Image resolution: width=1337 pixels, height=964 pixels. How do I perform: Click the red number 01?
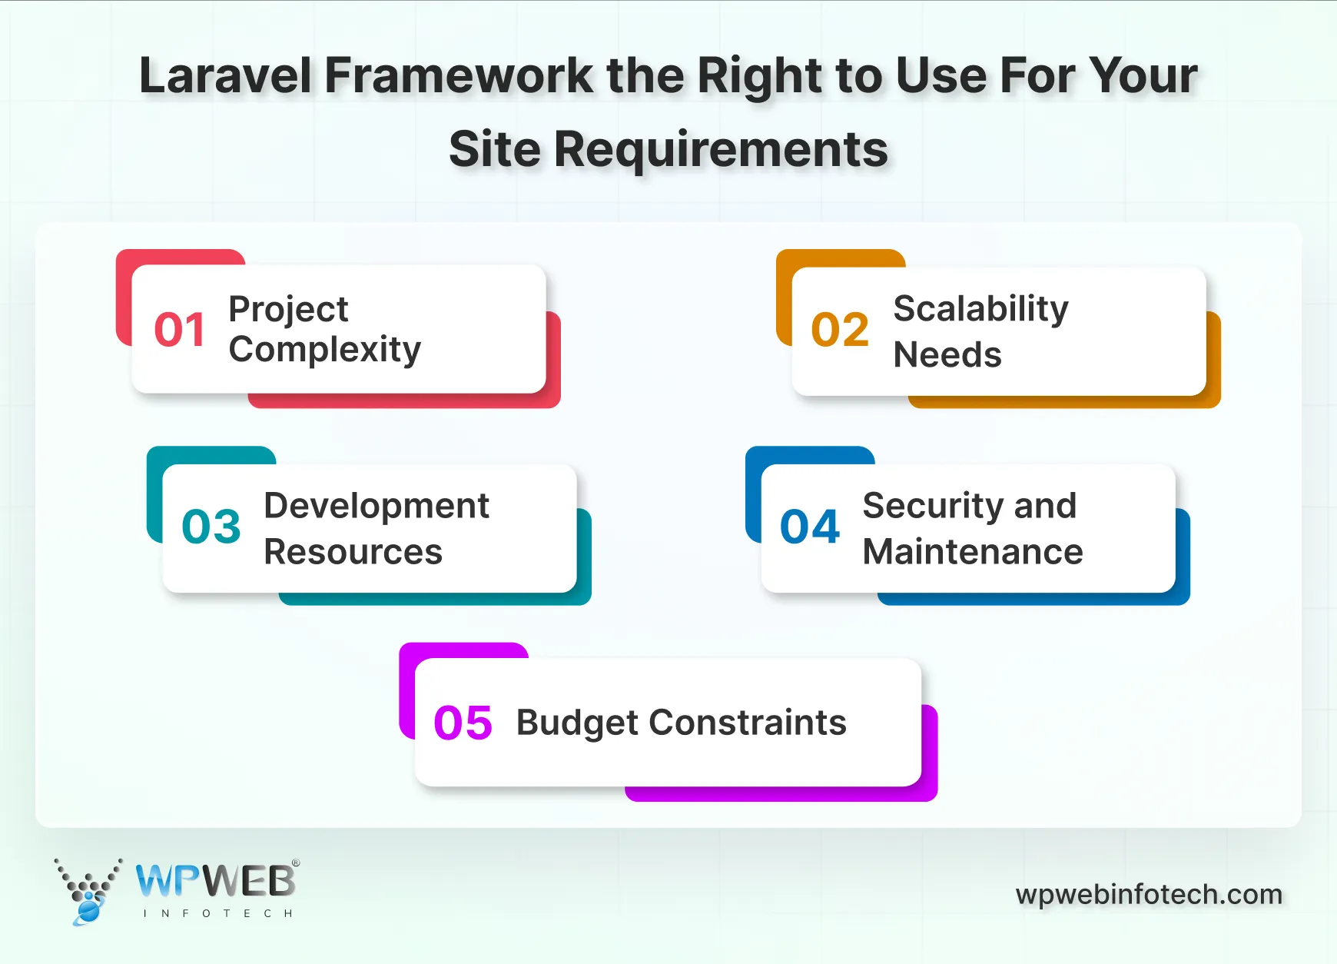(179, 330)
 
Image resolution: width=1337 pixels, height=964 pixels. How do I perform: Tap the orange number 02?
(840, 330)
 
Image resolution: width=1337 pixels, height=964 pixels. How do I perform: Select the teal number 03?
(211, 527)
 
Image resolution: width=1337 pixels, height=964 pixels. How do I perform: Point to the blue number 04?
(810, 527)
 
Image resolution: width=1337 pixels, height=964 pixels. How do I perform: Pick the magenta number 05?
(463, 723)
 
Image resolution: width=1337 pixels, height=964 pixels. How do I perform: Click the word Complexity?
(324, 351)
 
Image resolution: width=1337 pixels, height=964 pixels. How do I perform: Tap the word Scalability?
(980, 310)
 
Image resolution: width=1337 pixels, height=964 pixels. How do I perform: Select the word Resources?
(353, 552)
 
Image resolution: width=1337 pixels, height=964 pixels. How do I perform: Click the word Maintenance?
(972, 552)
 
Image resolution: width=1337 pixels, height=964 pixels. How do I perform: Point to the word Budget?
(577, 723)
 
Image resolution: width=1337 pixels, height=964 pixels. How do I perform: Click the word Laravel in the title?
(226, 76)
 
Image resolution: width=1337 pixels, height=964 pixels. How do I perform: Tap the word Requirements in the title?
(721, 149)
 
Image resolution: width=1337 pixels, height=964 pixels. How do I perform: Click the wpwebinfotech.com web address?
(1149, 894)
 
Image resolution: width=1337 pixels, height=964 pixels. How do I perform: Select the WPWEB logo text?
(216, 881)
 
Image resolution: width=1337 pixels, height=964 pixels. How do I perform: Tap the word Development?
(376, 506)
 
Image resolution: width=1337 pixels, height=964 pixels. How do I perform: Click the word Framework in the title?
(459, 76)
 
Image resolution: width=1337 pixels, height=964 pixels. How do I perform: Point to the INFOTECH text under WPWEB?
(218, 913)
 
